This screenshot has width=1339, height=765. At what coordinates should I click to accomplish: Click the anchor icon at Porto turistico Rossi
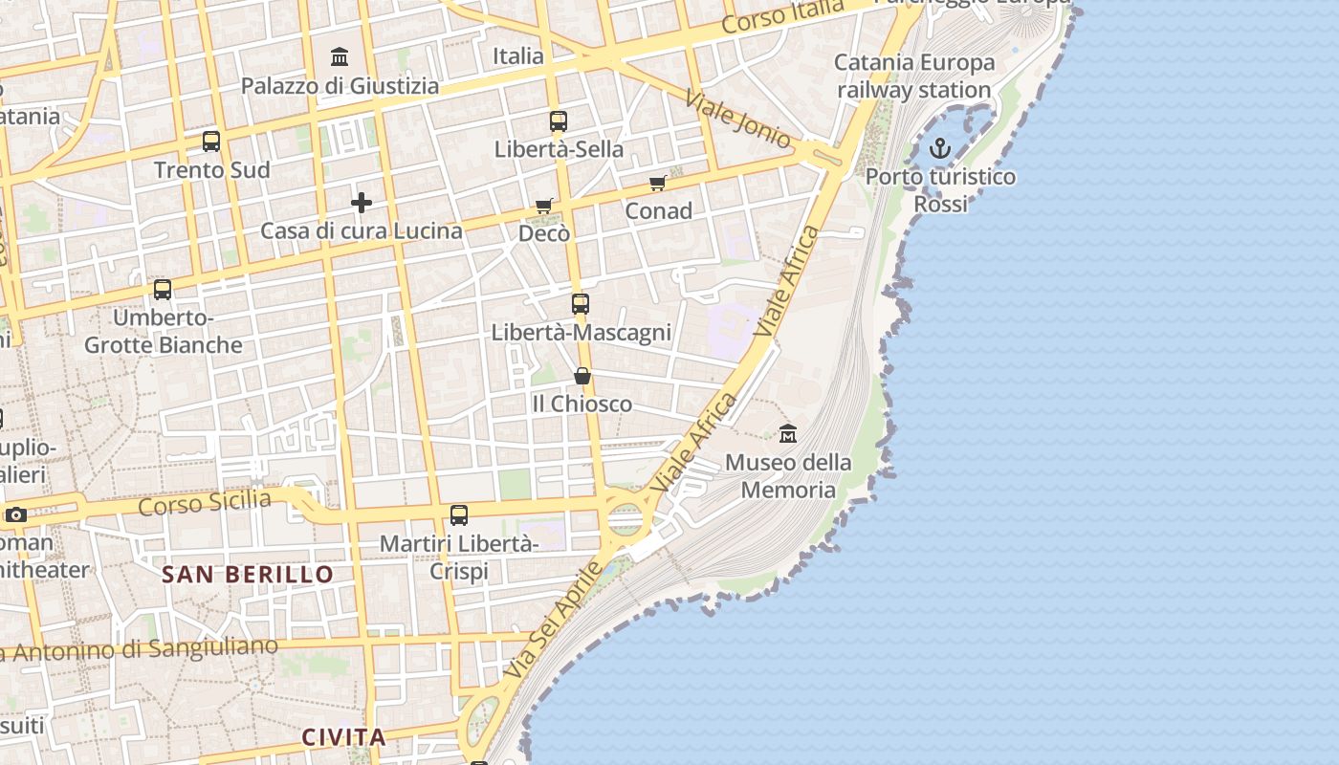pos(940,148)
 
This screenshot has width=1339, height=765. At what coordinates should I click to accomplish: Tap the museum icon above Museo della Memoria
pos(788,434)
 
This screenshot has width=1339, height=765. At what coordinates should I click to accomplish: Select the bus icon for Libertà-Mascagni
pos(581,304)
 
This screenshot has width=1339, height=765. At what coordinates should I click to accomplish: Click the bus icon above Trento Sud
pos(211,142)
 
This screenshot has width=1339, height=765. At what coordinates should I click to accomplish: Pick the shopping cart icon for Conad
pos(657,183)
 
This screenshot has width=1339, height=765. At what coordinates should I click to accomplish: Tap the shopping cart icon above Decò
pos(544,206)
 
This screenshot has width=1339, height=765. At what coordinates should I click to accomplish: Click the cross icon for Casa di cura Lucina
pos(362,203)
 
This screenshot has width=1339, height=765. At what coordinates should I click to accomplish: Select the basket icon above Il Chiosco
pos(582,376)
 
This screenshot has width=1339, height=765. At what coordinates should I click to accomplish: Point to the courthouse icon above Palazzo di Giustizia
pos(340,57)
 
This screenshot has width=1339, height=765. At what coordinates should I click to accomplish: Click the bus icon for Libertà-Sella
pos(559,121)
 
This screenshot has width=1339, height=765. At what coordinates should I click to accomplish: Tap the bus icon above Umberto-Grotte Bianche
pos(163,289)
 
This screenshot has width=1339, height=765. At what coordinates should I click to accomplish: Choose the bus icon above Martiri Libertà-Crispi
pos(459,515)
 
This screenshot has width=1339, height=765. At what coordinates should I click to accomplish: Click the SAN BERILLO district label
pos(248,575)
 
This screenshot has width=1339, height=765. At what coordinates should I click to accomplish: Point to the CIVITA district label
pos(344,737)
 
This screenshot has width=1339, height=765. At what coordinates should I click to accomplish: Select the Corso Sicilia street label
pos(204,502)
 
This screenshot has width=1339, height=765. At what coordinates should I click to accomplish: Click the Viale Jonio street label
pos(738,120)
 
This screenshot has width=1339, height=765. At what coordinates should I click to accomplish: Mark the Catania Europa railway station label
pos(914,76)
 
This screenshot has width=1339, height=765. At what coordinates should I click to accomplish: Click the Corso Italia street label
pos(783,17)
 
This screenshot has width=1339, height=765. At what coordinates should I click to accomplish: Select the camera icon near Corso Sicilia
pos(15,515)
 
